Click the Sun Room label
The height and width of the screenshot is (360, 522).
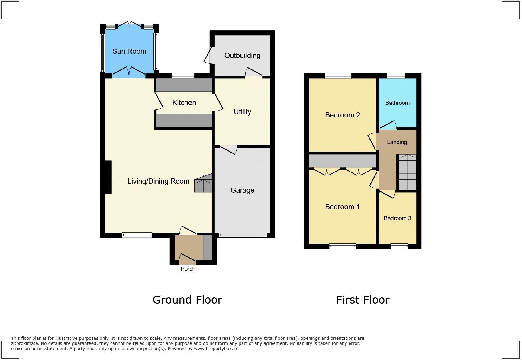point(129,51)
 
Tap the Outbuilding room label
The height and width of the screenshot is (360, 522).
point(242,56)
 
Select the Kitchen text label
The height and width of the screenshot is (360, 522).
point(184,103)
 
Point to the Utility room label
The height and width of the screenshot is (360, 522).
point(242,112)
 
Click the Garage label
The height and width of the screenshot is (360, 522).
point(242,190)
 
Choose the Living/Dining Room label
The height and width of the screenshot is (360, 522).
point(158,181)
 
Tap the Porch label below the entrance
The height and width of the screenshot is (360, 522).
point(188,269)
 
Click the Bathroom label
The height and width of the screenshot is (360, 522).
point(397,103)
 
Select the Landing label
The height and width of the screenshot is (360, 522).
point(397,142)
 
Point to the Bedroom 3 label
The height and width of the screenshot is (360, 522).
point(397,218)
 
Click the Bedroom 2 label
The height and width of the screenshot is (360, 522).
point(342,115)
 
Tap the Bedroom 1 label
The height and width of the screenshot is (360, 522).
point(342,207)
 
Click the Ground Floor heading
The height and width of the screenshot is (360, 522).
point(187,300)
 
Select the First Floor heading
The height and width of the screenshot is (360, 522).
point(362,300)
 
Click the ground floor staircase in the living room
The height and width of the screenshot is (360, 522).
point(203,184)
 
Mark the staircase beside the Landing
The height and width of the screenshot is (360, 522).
point(407,172)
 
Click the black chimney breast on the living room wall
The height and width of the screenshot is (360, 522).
point(108,177)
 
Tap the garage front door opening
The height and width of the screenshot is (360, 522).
point(243,235)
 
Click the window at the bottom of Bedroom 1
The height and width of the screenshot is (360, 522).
point(342,246)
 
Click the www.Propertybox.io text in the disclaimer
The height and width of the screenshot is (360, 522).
point(215,349)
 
